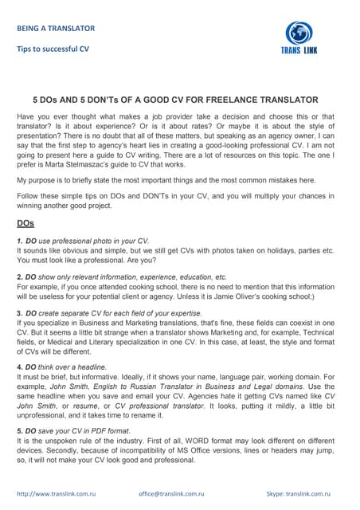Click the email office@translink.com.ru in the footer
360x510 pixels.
tap(172, 494)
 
